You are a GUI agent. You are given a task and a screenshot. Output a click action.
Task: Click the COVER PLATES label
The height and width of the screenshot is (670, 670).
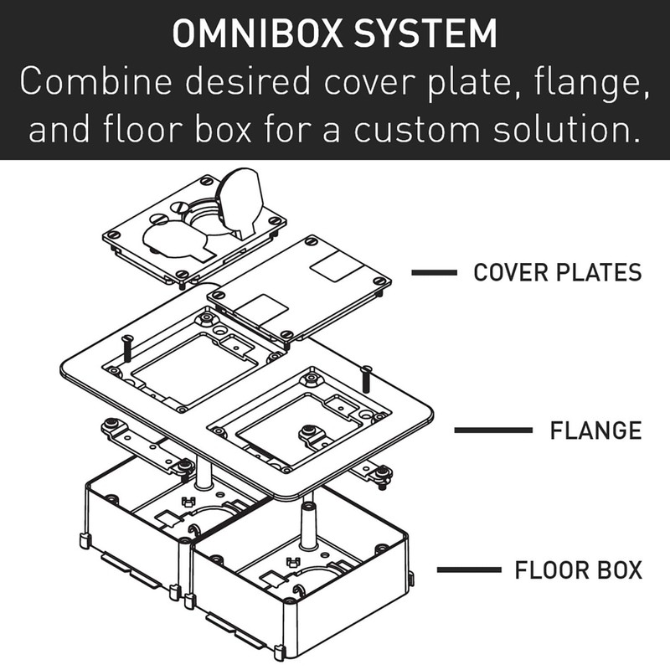[557, 272]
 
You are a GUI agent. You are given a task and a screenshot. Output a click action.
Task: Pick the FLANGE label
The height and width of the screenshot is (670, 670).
[595, 430]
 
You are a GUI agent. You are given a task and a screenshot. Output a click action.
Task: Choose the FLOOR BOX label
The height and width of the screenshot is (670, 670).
[578, 571]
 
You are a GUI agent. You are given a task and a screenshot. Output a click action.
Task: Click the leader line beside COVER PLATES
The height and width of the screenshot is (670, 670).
[433, 272]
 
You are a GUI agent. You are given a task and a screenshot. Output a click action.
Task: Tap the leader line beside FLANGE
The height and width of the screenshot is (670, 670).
[493, 430]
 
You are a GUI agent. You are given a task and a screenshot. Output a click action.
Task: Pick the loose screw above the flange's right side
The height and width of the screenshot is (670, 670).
[367, 377]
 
